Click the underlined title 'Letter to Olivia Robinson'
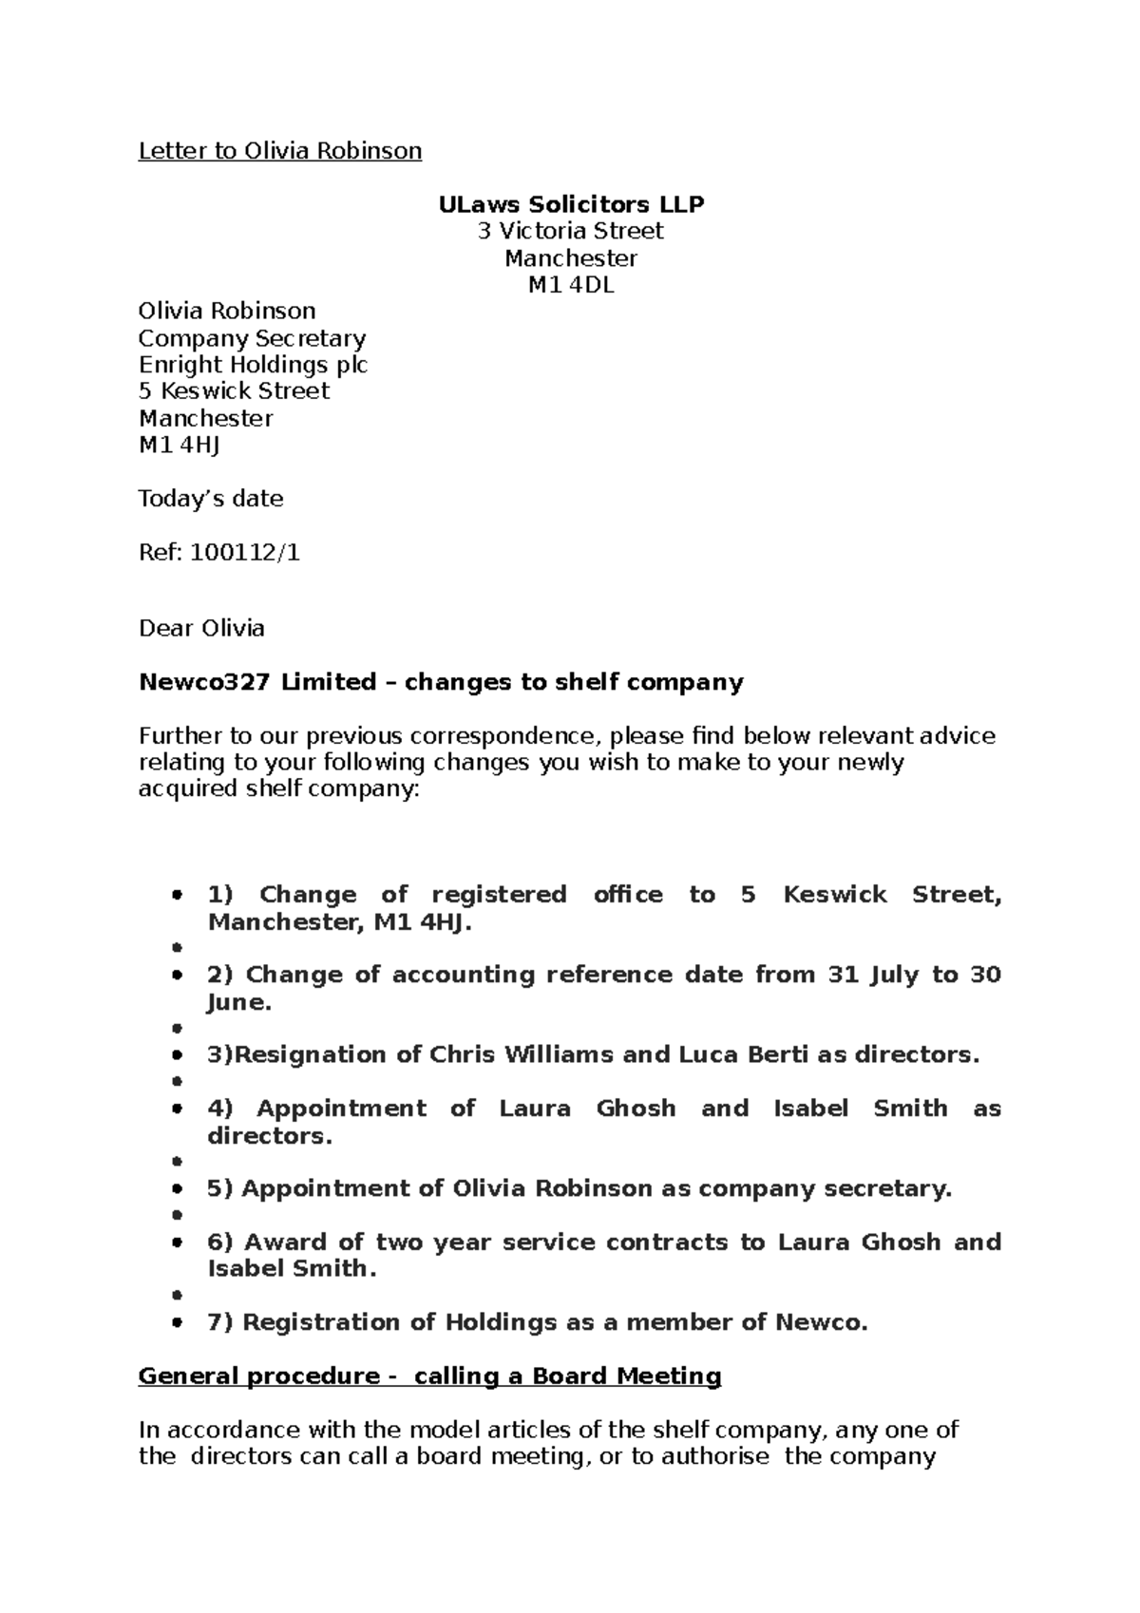(280, 151)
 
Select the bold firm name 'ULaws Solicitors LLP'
(571, 204)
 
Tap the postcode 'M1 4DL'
(571, 285)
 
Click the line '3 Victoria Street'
(570, 231)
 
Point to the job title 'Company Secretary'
(252, 339)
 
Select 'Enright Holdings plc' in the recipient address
(253, 365)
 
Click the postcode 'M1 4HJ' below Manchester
(179, 445)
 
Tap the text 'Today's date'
(211, 499)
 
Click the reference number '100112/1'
(245, 553)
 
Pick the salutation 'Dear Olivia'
(201, 629)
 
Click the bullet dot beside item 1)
(178, 895)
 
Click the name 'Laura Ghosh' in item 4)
(587, 1109)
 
